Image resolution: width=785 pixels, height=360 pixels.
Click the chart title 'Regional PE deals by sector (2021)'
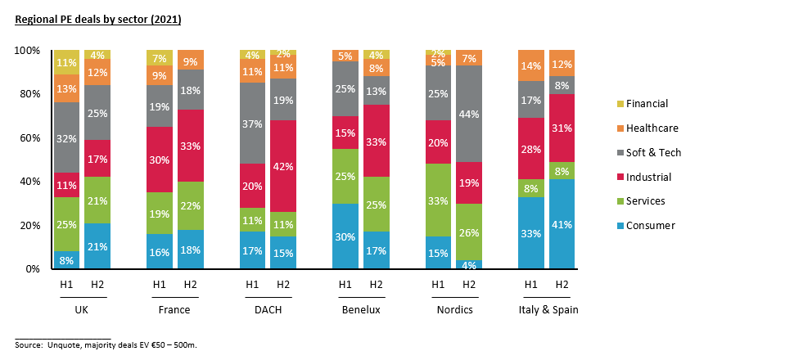coord(98,19)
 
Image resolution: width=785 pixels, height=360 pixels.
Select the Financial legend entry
coord(647,104)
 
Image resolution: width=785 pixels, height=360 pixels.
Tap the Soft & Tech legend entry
coord(652,152)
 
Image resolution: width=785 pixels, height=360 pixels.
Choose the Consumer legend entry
coord(650,225)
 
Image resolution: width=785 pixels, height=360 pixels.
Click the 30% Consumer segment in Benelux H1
coord(345,236)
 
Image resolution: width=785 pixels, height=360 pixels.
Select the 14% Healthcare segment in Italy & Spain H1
coord(531,65)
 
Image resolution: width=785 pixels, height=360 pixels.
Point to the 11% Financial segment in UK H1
coord(67,62)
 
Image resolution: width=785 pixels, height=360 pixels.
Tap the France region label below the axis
coord(174,310)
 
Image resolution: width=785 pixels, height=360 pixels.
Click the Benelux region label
coord(360,310)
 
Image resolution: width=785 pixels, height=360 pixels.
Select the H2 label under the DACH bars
coord(283,284)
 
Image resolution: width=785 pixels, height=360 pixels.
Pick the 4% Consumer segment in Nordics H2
coord(469,264)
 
